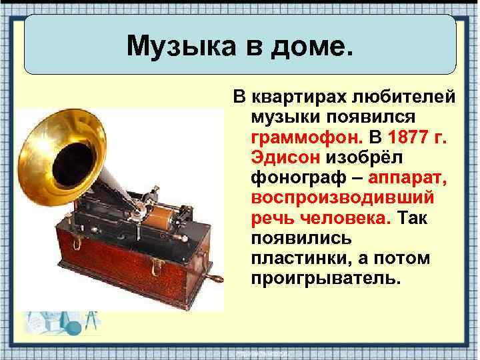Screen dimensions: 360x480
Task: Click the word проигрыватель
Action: (x=327, y=277)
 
